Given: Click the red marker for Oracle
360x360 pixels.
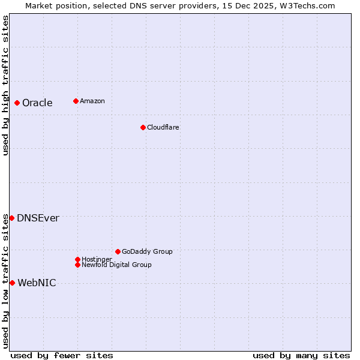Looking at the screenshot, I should coord(17,103).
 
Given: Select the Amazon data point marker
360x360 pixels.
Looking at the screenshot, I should coord(76,101).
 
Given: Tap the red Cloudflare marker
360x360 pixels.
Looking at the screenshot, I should coord(143,127).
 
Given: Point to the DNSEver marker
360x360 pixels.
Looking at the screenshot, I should coord(11,218).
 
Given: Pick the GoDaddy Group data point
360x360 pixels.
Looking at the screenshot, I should coord(118,251).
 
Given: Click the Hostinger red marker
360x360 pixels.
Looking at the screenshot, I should coord(77,259).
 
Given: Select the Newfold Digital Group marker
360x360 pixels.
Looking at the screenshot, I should coord(78,265).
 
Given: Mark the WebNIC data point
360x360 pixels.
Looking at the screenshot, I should coord(12,283).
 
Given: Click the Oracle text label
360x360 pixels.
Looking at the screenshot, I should coord(37,103).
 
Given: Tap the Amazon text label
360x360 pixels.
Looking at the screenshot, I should coord(92,101).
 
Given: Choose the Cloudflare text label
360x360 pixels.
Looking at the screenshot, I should coord(163,127).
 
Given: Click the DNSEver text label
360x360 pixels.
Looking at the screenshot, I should coord(38,218).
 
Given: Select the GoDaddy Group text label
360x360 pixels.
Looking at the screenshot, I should coord(147,251).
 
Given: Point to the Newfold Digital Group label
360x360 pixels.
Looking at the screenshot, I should coord(117,265).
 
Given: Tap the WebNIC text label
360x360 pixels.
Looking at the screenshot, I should coord(37,283).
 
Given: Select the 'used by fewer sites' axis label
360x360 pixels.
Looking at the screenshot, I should coord(62,355).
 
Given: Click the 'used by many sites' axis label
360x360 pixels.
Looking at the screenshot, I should coord(301,355).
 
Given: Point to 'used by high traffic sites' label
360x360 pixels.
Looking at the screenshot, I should coord(5,85).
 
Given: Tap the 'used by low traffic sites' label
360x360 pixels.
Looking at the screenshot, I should coord(5,280).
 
